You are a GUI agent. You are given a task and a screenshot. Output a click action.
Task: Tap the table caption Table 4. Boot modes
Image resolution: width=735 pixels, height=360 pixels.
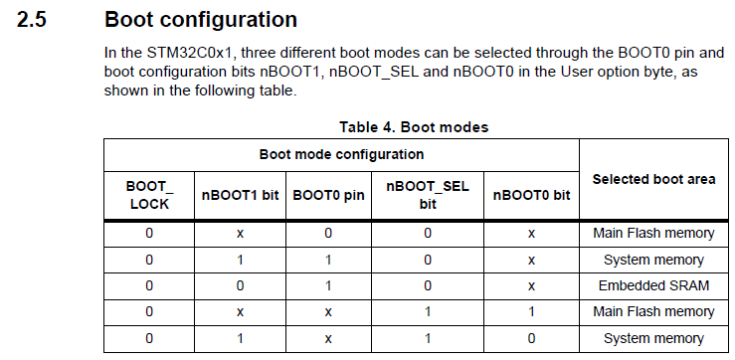click(x=414, y=127)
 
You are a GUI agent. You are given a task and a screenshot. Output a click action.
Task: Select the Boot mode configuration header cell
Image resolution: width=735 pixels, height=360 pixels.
click(x=341, y=154)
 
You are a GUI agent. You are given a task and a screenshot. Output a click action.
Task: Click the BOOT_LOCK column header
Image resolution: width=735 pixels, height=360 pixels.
click(x=149, y=195)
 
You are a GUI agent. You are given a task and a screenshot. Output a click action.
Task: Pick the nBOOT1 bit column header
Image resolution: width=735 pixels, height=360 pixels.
click(x=240, y=195)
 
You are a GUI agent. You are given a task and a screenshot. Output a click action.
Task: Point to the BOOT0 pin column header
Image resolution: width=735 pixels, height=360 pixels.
click(x=327, y=195)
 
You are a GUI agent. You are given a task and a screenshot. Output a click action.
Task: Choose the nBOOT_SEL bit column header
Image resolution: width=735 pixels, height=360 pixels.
click(x=427, y=195)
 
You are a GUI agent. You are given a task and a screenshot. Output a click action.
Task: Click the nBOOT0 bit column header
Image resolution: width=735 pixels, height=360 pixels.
click(x=531, y=195)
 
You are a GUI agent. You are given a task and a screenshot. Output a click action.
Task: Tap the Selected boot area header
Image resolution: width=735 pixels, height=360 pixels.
click(x=653, y=179)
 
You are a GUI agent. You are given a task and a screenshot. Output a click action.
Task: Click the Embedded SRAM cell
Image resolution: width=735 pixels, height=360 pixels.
click(x=653, y=285)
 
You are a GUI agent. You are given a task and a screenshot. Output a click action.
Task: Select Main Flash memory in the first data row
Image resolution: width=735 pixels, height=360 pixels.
click(x=653, y=233)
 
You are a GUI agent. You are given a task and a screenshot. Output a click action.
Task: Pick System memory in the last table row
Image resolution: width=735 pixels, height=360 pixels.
click(x=653, y=338)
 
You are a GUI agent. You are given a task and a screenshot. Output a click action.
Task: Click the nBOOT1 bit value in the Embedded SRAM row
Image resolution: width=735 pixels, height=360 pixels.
click(x=240, y=285)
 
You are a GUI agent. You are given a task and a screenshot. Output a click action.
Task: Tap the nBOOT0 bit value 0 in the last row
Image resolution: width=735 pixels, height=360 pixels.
click(x=531, y=338)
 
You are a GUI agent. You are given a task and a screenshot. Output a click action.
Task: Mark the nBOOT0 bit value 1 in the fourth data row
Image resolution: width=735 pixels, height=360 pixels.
click(x=531, y=311)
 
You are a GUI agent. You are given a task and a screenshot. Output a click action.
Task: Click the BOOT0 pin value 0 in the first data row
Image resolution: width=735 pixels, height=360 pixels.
click(x=327, y=233)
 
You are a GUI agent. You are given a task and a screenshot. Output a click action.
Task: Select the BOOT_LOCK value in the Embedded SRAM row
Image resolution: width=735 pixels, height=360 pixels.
click(x=149, y=285)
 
